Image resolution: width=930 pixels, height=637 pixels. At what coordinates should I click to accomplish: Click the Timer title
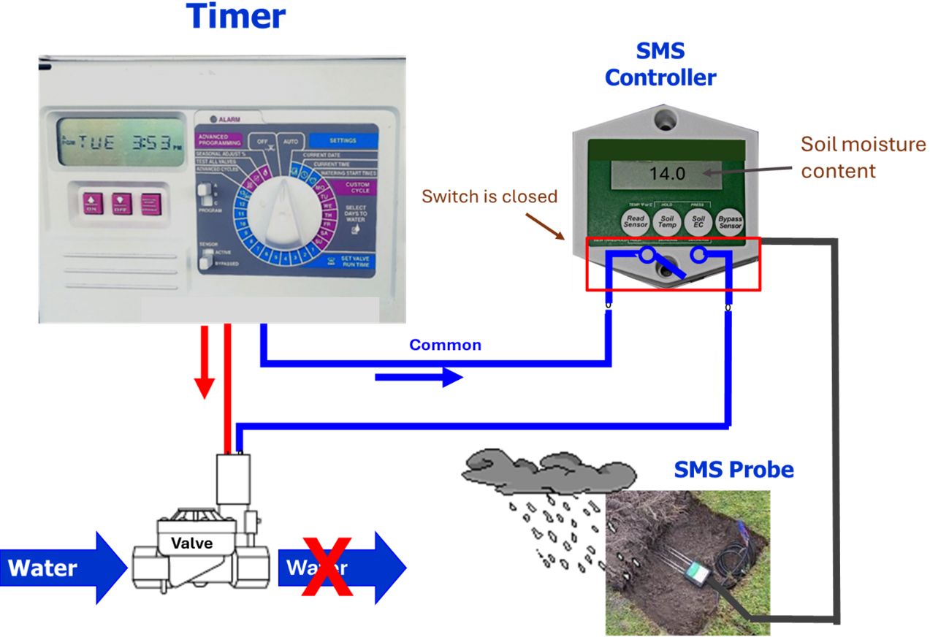(x=235, y=16)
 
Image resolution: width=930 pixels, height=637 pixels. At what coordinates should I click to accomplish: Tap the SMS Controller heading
(x=660, y=65)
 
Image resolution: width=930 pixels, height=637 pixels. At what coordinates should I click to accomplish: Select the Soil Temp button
(x=667, y=221)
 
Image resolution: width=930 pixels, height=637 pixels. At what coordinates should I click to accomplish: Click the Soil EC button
(x=698, y=221)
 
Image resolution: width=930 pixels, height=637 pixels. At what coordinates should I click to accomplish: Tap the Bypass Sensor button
(x=730, y=221)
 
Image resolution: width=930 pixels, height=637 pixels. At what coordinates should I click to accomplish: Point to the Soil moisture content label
(x=863, y=157)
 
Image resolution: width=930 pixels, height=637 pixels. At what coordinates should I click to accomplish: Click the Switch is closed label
(x=489, y=197)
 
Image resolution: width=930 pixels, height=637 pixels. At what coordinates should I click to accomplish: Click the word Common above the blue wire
(x=445, y=345)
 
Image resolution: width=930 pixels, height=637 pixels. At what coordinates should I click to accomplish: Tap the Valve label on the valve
(x=191, y=543)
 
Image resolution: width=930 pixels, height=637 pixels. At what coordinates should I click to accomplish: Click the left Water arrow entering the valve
(x=62, y=568)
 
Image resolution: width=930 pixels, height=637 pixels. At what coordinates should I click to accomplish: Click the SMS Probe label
(x=733, y=469)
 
